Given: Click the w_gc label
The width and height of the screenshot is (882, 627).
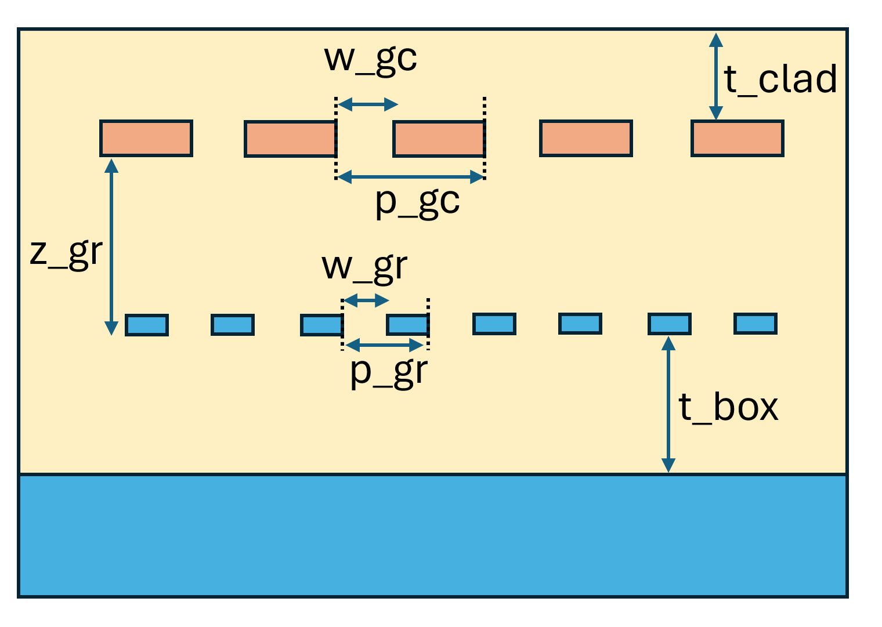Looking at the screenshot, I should [x=370, y=59].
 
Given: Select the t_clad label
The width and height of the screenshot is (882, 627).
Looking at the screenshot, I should [x=780, y=80].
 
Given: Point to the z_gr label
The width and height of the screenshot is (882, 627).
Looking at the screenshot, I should [x=66, y=253].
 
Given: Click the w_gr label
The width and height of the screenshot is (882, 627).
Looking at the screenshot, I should [x=364, y=267].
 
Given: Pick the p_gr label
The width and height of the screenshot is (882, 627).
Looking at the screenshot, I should [x=389, y=372].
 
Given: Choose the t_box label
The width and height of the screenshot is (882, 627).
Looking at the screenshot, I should [x=728, y=407].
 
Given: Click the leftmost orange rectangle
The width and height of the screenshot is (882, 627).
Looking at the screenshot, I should [x=146, y=139].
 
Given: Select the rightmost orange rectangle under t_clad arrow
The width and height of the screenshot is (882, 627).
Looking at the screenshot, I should [x=738, y=139].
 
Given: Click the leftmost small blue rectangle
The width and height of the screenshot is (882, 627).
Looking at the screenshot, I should [x=147, y=325].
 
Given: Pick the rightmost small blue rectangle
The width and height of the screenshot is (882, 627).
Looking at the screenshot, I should [x=755, y=324].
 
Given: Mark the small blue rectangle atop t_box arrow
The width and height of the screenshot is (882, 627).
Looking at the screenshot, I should [x=669, y=324].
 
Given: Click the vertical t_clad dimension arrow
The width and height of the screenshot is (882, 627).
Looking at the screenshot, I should [x=716, y=76].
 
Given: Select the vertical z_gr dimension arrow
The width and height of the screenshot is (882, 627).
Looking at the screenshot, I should [x=111, y=247].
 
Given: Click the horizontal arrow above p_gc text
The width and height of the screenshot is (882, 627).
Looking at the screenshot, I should [x=410, y=177].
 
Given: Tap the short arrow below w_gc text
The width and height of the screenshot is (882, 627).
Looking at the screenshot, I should [x=368, y=104].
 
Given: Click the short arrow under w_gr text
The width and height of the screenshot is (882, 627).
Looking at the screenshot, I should [x=366, y=300].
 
